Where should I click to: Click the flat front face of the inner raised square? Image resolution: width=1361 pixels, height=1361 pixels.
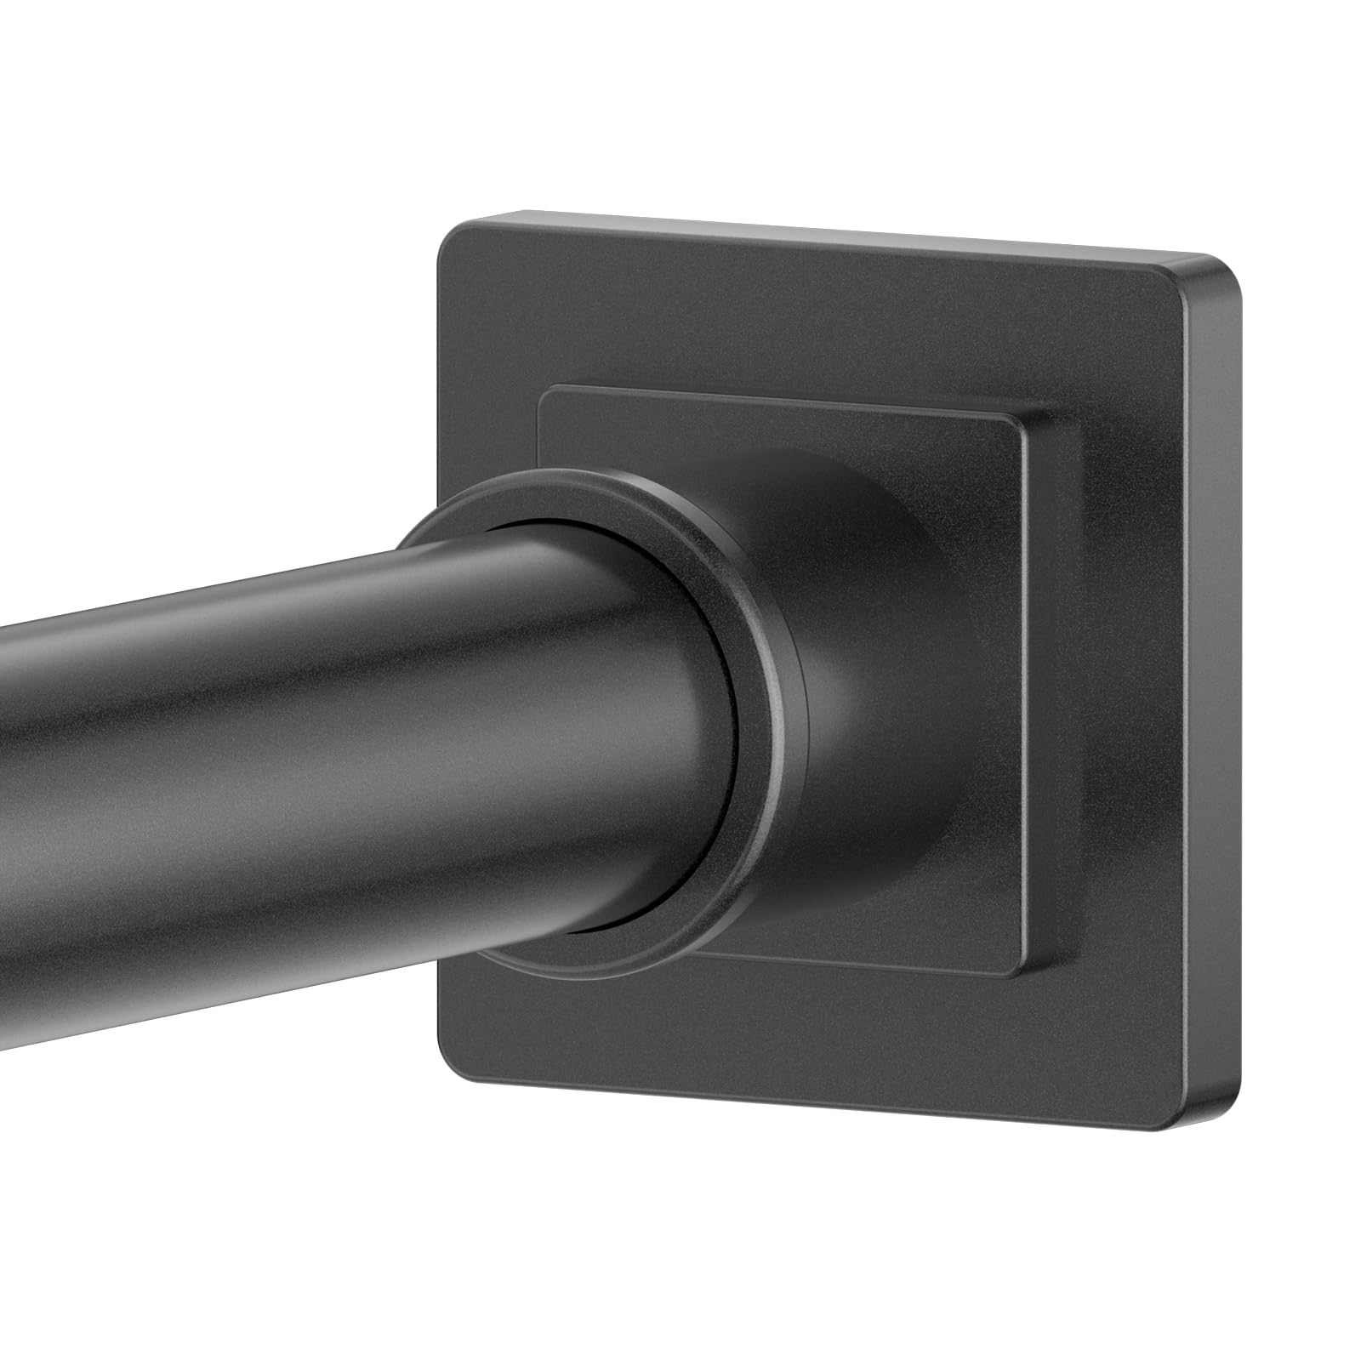pyautogui.click(x=978, y=680)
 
